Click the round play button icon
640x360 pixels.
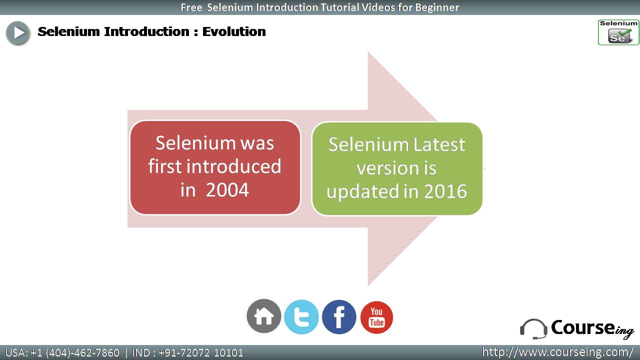(17, 33)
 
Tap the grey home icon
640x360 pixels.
(263, 316)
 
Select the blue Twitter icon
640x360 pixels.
(301, 317)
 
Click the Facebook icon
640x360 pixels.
(339, 317)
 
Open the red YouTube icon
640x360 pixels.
(376, 317)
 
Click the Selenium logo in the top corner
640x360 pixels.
(618, 32)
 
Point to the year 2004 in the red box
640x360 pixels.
(227, 190)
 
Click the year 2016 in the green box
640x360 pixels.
(445, 191)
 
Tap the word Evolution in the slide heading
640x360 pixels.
(234, 31)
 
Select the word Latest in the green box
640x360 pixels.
(439, 144)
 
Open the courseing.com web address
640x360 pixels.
(558, 352)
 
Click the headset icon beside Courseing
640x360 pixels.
(533, 329)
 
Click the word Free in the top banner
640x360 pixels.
(191, 7)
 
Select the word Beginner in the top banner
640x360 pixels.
(437, 7)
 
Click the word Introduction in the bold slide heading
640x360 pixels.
(146, 31)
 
